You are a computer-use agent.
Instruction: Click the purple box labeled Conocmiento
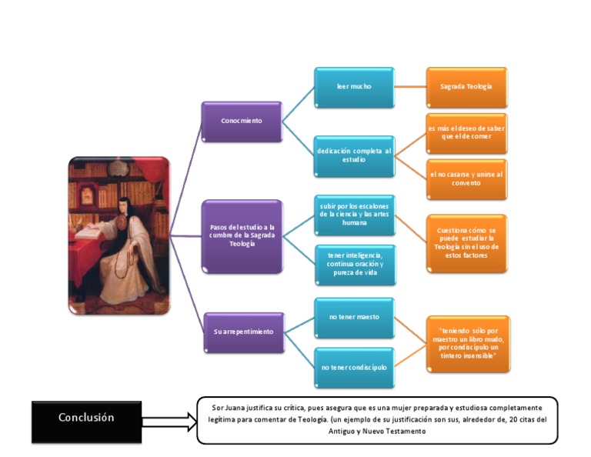(241, 121)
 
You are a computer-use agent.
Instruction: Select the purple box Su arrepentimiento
(243, 332)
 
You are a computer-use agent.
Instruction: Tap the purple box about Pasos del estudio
(242, 235)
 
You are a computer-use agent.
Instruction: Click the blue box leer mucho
(354, 86)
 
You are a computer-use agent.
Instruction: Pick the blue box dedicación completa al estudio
(354, 155)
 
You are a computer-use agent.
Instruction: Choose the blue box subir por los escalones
(354, 215)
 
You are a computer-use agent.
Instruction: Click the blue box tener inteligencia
(354, 264)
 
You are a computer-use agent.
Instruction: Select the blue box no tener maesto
(354, 317)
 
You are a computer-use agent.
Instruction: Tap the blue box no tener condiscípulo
(354, 367)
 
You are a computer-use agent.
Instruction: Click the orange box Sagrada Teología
(466, 86)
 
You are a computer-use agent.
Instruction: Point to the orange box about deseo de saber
(466, 133)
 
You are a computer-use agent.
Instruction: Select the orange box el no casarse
(466, 178)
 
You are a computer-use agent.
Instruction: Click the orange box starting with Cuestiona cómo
(466, 242)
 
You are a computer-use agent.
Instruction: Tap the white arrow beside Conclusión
(169, 421)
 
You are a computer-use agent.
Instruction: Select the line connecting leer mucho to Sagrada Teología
(410, 86)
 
